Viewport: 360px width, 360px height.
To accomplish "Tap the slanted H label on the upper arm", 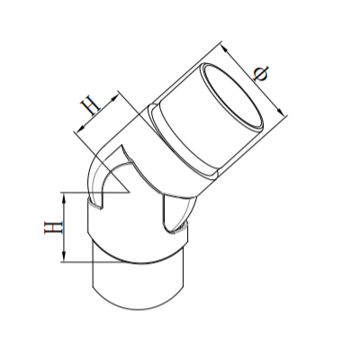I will tap(91, 108).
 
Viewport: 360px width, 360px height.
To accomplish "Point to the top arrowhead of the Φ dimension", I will tap(220, 46).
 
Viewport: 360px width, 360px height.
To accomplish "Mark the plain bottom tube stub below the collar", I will tap(139, 283).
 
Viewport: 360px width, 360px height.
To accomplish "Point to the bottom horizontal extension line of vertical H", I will tap(76, 262).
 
